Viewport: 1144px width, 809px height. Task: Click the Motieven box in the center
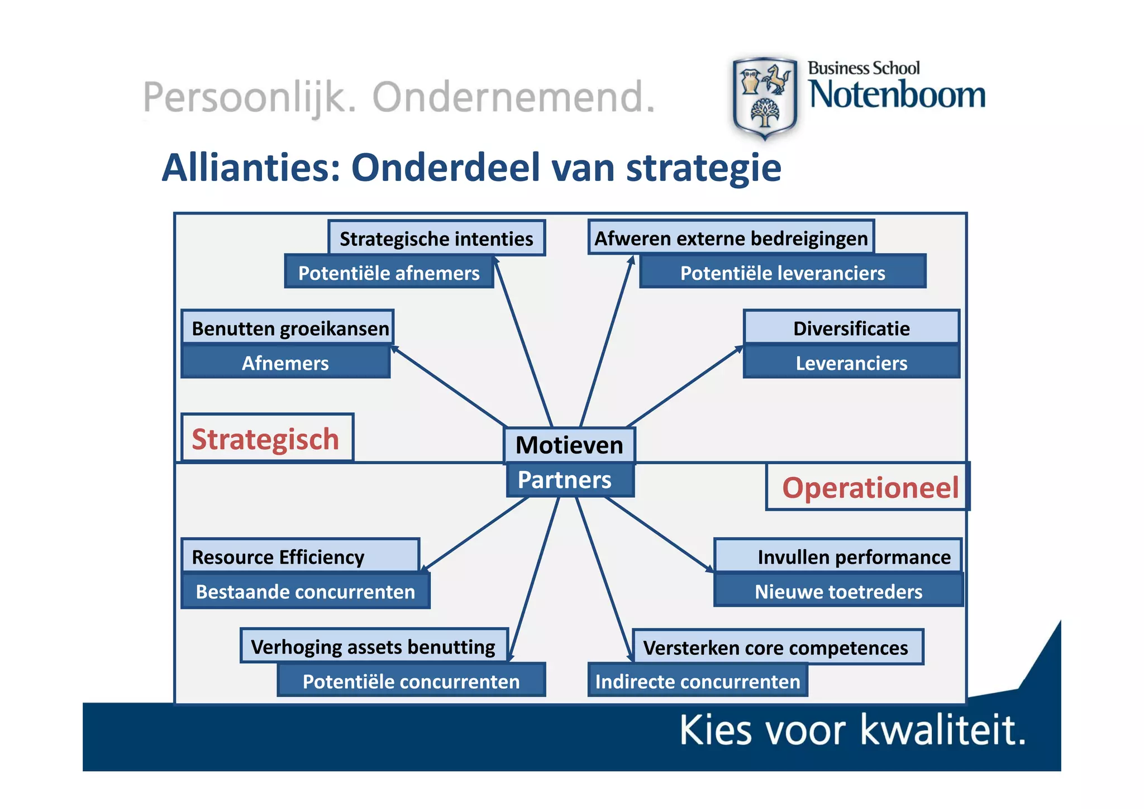point(569,445)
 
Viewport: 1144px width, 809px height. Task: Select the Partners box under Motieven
point(569,480)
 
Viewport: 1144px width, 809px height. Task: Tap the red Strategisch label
point(266,439)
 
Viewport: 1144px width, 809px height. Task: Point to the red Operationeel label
point(869,487)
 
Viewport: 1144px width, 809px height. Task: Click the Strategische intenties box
point(436,239)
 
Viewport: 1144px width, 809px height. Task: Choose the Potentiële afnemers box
point(389,273)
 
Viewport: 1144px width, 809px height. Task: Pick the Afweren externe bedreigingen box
point(731,238)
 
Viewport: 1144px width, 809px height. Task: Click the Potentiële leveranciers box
point(782,273)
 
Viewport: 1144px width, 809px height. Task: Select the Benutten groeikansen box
point(288,328)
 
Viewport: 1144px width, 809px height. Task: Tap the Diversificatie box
point(851,328)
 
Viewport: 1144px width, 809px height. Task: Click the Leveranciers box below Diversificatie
point(851,363)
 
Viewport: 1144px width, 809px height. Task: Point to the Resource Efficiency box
point(301,556)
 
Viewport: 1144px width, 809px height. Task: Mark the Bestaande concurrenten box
point(306,591)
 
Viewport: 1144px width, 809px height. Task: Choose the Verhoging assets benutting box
point(374,646)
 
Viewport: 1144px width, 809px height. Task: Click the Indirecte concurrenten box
point(698,681)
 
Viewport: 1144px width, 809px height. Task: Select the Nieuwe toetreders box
point(838,591)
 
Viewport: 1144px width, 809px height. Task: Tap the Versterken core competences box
point(777,647)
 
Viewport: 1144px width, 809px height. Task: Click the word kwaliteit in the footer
point(943,730)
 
